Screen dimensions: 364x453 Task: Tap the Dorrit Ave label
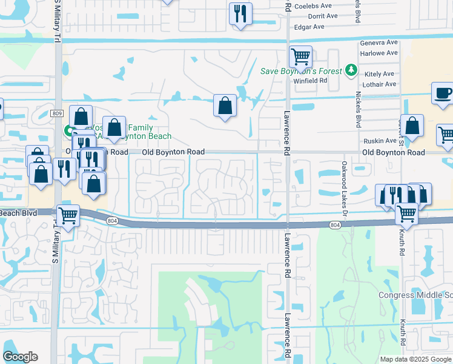pos(322,16)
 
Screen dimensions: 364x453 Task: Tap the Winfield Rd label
pos(310,79)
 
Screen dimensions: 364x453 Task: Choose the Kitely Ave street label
pos(380,73)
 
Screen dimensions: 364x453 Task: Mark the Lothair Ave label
pos(380,84)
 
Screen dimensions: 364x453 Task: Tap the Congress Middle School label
pos(415,295)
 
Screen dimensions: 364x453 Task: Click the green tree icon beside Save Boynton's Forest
pos(350,71)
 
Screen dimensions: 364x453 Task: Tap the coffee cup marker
pos(443,93)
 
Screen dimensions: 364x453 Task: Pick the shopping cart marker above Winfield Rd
pos(300,57)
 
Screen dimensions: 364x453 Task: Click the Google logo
pos(20,357)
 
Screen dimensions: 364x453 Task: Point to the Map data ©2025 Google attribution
pos(415,359)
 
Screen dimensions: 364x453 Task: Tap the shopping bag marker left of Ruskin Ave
pos(412,127)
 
